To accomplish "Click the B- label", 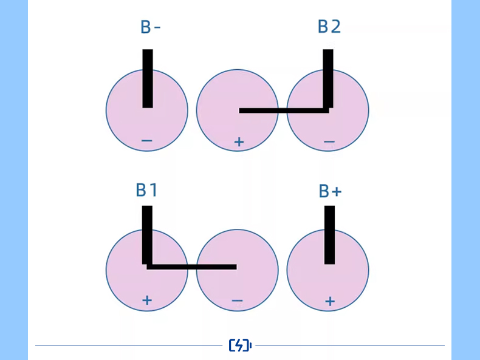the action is (150, 27).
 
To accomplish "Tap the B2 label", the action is (329, 27).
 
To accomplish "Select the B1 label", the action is (147, 190).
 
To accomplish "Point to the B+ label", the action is (330, 191).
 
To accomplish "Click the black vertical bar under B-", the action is (148, 78).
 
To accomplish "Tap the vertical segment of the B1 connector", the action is (147, 233).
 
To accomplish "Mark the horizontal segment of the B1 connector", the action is (191, 267).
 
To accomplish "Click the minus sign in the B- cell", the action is (146, 141).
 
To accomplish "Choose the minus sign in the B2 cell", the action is (329, 142).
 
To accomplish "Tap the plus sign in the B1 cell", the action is (146, 300).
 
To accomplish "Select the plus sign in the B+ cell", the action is (329, 301).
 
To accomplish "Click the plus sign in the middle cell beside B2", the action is (239, 142).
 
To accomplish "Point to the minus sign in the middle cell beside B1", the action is (237, 301).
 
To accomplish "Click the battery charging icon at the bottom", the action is (240, 345).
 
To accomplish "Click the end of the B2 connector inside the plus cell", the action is (242, 110).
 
